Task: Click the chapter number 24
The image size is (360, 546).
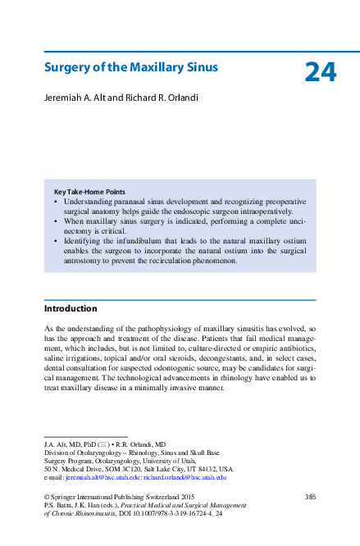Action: (320, 73)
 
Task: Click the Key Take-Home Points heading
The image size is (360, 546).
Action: (89, 192)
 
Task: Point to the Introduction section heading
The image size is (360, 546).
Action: (70, 309)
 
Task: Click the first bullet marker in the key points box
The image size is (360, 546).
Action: (56, 201)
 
